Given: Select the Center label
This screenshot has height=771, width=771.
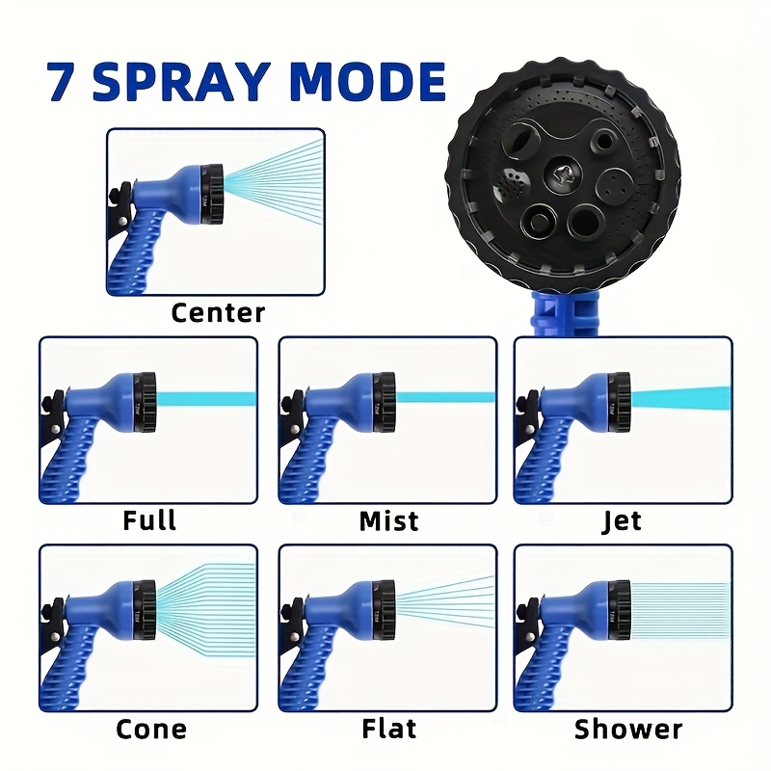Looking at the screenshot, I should pyautogui.click(x=218, y=312).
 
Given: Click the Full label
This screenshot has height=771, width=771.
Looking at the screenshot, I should pyautogui.click(x=149, y=521).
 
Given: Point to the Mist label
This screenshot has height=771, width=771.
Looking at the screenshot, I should pyautogui.click(x=388, y=521).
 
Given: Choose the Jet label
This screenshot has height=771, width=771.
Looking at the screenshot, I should pyautogui.click(x=622, y=521).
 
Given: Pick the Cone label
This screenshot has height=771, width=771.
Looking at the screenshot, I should pyautogui.click(x=150, y=729).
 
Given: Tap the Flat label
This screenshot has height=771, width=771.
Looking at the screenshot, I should pyautogui.click(x=388, y=729).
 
